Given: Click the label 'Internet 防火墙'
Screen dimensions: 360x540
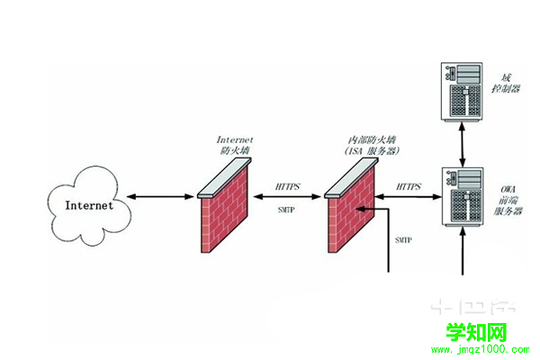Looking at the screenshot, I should click(236, 146).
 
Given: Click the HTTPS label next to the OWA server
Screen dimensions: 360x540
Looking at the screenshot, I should click(409, 186).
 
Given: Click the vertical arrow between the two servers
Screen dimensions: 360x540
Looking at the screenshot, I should click(463, 144).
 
